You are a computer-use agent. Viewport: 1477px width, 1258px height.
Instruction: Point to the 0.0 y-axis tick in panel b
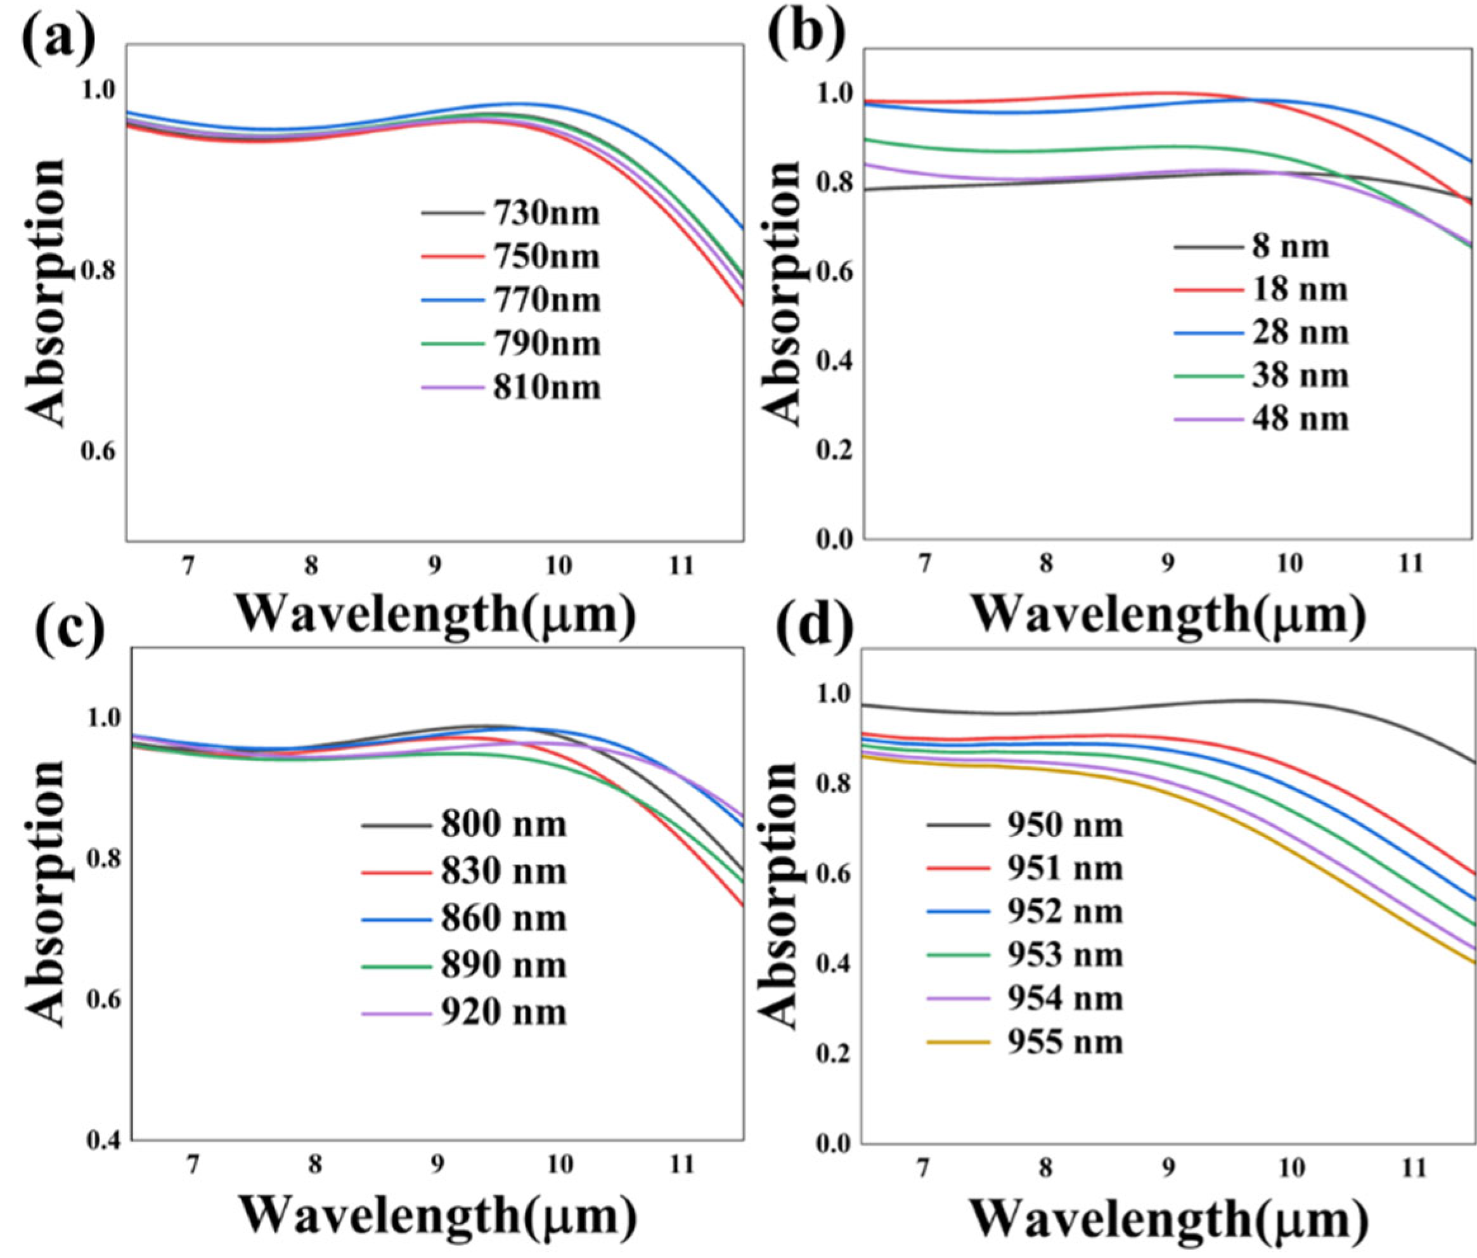(835, 539)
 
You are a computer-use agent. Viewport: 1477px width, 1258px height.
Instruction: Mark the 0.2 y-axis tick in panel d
(835, 1053)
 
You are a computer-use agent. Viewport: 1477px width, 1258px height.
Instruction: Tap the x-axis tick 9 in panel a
(434, 567)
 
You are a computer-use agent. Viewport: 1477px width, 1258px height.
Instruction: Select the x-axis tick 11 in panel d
(1414, 1168)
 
